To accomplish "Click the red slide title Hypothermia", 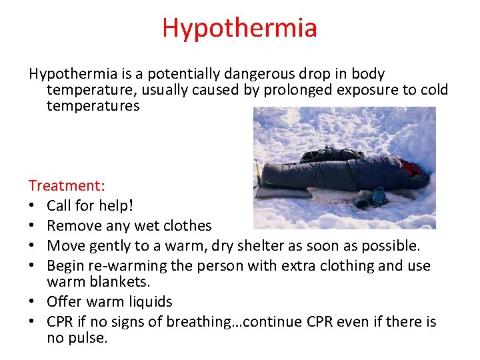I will (239, 28).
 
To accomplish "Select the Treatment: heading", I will (67, 185).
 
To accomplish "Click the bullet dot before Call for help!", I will (32, 205).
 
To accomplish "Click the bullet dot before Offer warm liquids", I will (32, 301).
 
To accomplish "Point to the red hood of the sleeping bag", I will (411, 167).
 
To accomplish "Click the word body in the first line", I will (371, 74).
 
